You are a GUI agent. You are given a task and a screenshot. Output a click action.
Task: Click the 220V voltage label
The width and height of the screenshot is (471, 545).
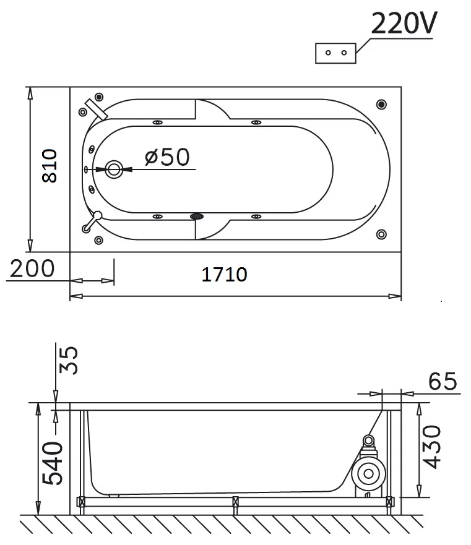pos(404,23)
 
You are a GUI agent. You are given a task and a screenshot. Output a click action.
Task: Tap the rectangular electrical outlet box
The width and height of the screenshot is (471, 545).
pos(335,53)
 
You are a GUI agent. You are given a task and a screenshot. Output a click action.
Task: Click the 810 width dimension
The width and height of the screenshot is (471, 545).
pos(50,166)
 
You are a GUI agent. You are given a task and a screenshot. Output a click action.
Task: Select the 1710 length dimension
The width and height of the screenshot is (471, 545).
pos(225,274)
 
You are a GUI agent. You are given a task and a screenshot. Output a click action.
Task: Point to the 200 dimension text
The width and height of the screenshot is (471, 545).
pos(32,268)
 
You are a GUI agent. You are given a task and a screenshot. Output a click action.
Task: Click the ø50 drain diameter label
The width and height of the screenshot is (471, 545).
pos(167,157)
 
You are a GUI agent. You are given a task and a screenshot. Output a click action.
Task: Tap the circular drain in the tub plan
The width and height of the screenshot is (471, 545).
pos(114,170)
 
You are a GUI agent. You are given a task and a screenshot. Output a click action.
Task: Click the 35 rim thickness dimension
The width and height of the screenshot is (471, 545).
pos(68,360)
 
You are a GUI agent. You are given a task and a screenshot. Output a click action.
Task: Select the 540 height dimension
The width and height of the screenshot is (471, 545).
pos(52,463)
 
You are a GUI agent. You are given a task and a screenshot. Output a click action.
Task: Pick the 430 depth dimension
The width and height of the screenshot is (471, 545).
pos(431,447)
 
